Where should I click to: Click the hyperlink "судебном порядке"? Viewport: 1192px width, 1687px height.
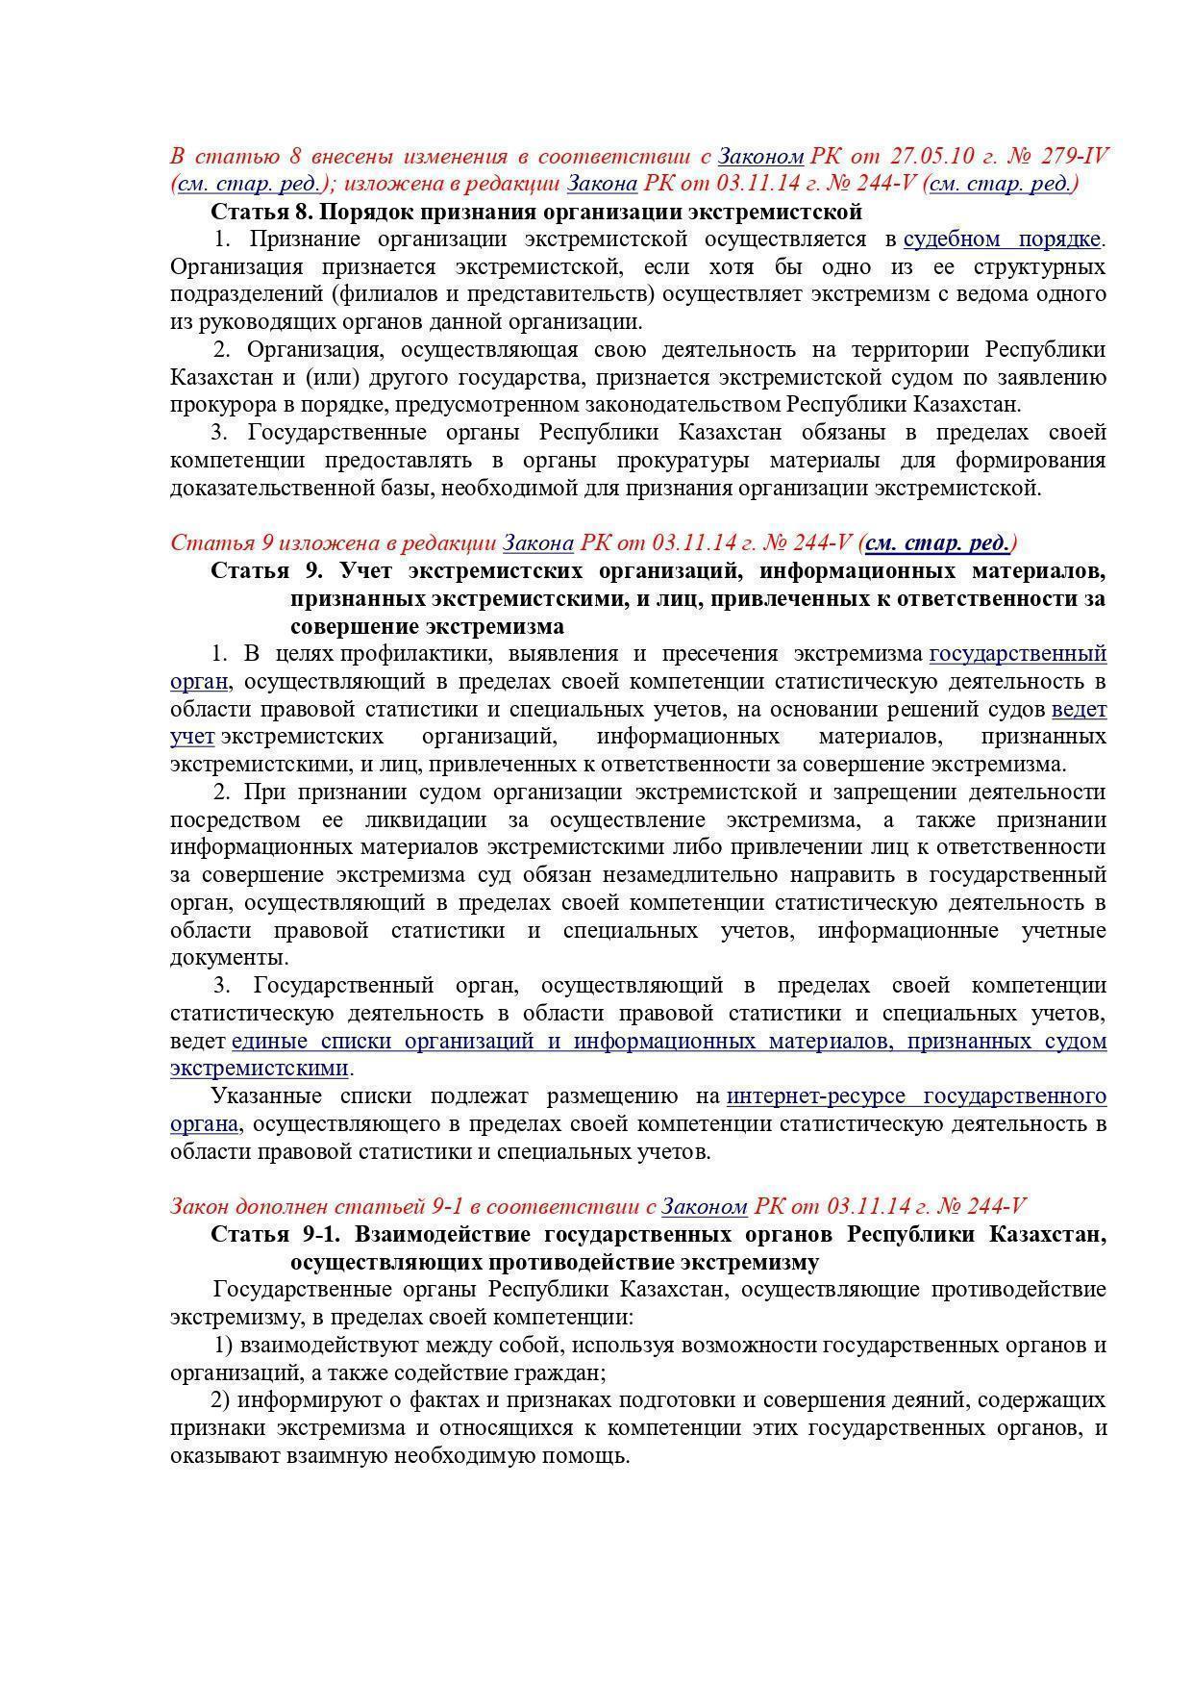click(1002, 239)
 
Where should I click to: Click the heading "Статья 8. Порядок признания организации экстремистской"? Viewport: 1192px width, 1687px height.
click(536, 211)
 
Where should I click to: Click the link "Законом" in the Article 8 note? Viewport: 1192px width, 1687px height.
click(760, 156)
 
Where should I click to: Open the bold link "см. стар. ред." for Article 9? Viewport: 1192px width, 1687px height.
click(937, 543)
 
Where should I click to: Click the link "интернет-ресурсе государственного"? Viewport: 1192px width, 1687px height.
click(916, 1096)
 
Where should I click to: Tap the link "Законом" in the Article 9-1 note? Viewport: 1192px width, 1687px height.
click(705, 1206)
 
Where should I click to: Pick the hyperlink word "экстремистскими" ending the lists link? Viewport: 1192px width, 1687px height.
click(259, 1069)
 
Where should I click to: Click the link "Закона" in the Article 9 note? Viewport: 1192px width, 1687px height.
click(538, 543)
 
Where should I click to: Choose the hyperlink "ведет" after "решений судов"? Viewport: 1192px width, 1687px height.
click(1079, 710)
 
